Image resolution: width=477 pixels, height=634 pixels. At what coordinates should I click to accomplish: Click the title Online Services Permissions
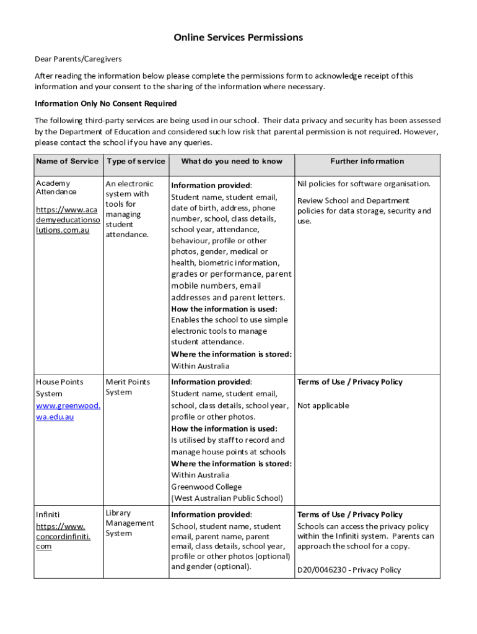tap(238, 38)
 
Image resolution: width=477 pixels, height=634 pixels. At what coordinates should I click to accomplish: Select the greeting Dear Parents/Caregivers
tap(78, 59)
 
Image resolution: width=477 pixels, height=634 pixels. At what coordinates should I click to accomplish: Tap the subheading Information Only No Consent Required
tap(105, 103)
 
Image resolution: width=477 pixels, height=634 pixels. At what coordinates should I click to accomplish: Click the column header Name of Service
tap(67, 162)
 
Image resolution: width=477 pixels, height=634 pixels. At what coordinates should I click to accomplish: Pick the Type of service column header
tap(136, 162)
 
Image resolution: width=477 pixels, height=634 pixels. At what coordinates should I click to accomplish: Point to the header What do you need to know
tap(231, 162)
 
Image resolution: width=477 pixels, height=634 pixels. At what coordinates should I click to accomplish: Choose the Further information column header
tap(367, 162)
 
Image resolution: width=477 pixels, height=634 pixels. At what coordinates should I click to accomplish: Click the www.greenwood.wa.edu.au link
tap(68, 411)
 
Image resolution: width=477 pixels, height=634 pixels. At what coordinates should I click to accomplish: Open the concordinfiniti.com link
tap(63, 536)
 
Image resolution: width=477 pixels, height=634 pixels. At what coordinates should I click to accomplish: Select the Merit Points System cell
tap(128, 387)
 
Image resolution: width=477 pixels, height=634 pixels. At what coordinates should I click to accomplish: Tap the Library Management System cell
tap(129, 523)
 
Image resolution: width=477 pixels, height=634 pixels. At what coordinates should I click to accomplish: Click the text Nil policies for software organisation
tap(363, 184)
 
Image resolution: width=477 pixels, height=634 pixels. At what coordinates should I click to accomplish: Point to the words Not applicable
tap(323, 406)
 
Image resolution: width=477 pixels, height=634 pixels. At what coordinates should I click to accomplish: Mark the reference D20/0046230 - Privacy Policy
tap(349, 570)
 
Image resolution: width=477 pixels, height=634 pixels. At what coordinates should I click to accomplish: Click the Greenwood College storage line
tap(206, 487)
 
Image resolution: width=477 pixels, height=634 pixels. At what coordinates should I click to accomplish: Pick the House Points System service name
tap(59, 388)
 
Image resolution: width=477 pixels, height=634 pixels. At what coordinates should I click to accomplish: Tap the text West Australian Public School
tap(227, 498)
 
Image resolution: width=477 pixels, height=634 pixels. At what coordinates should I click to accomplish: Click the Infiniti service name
tap(48, 515)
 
